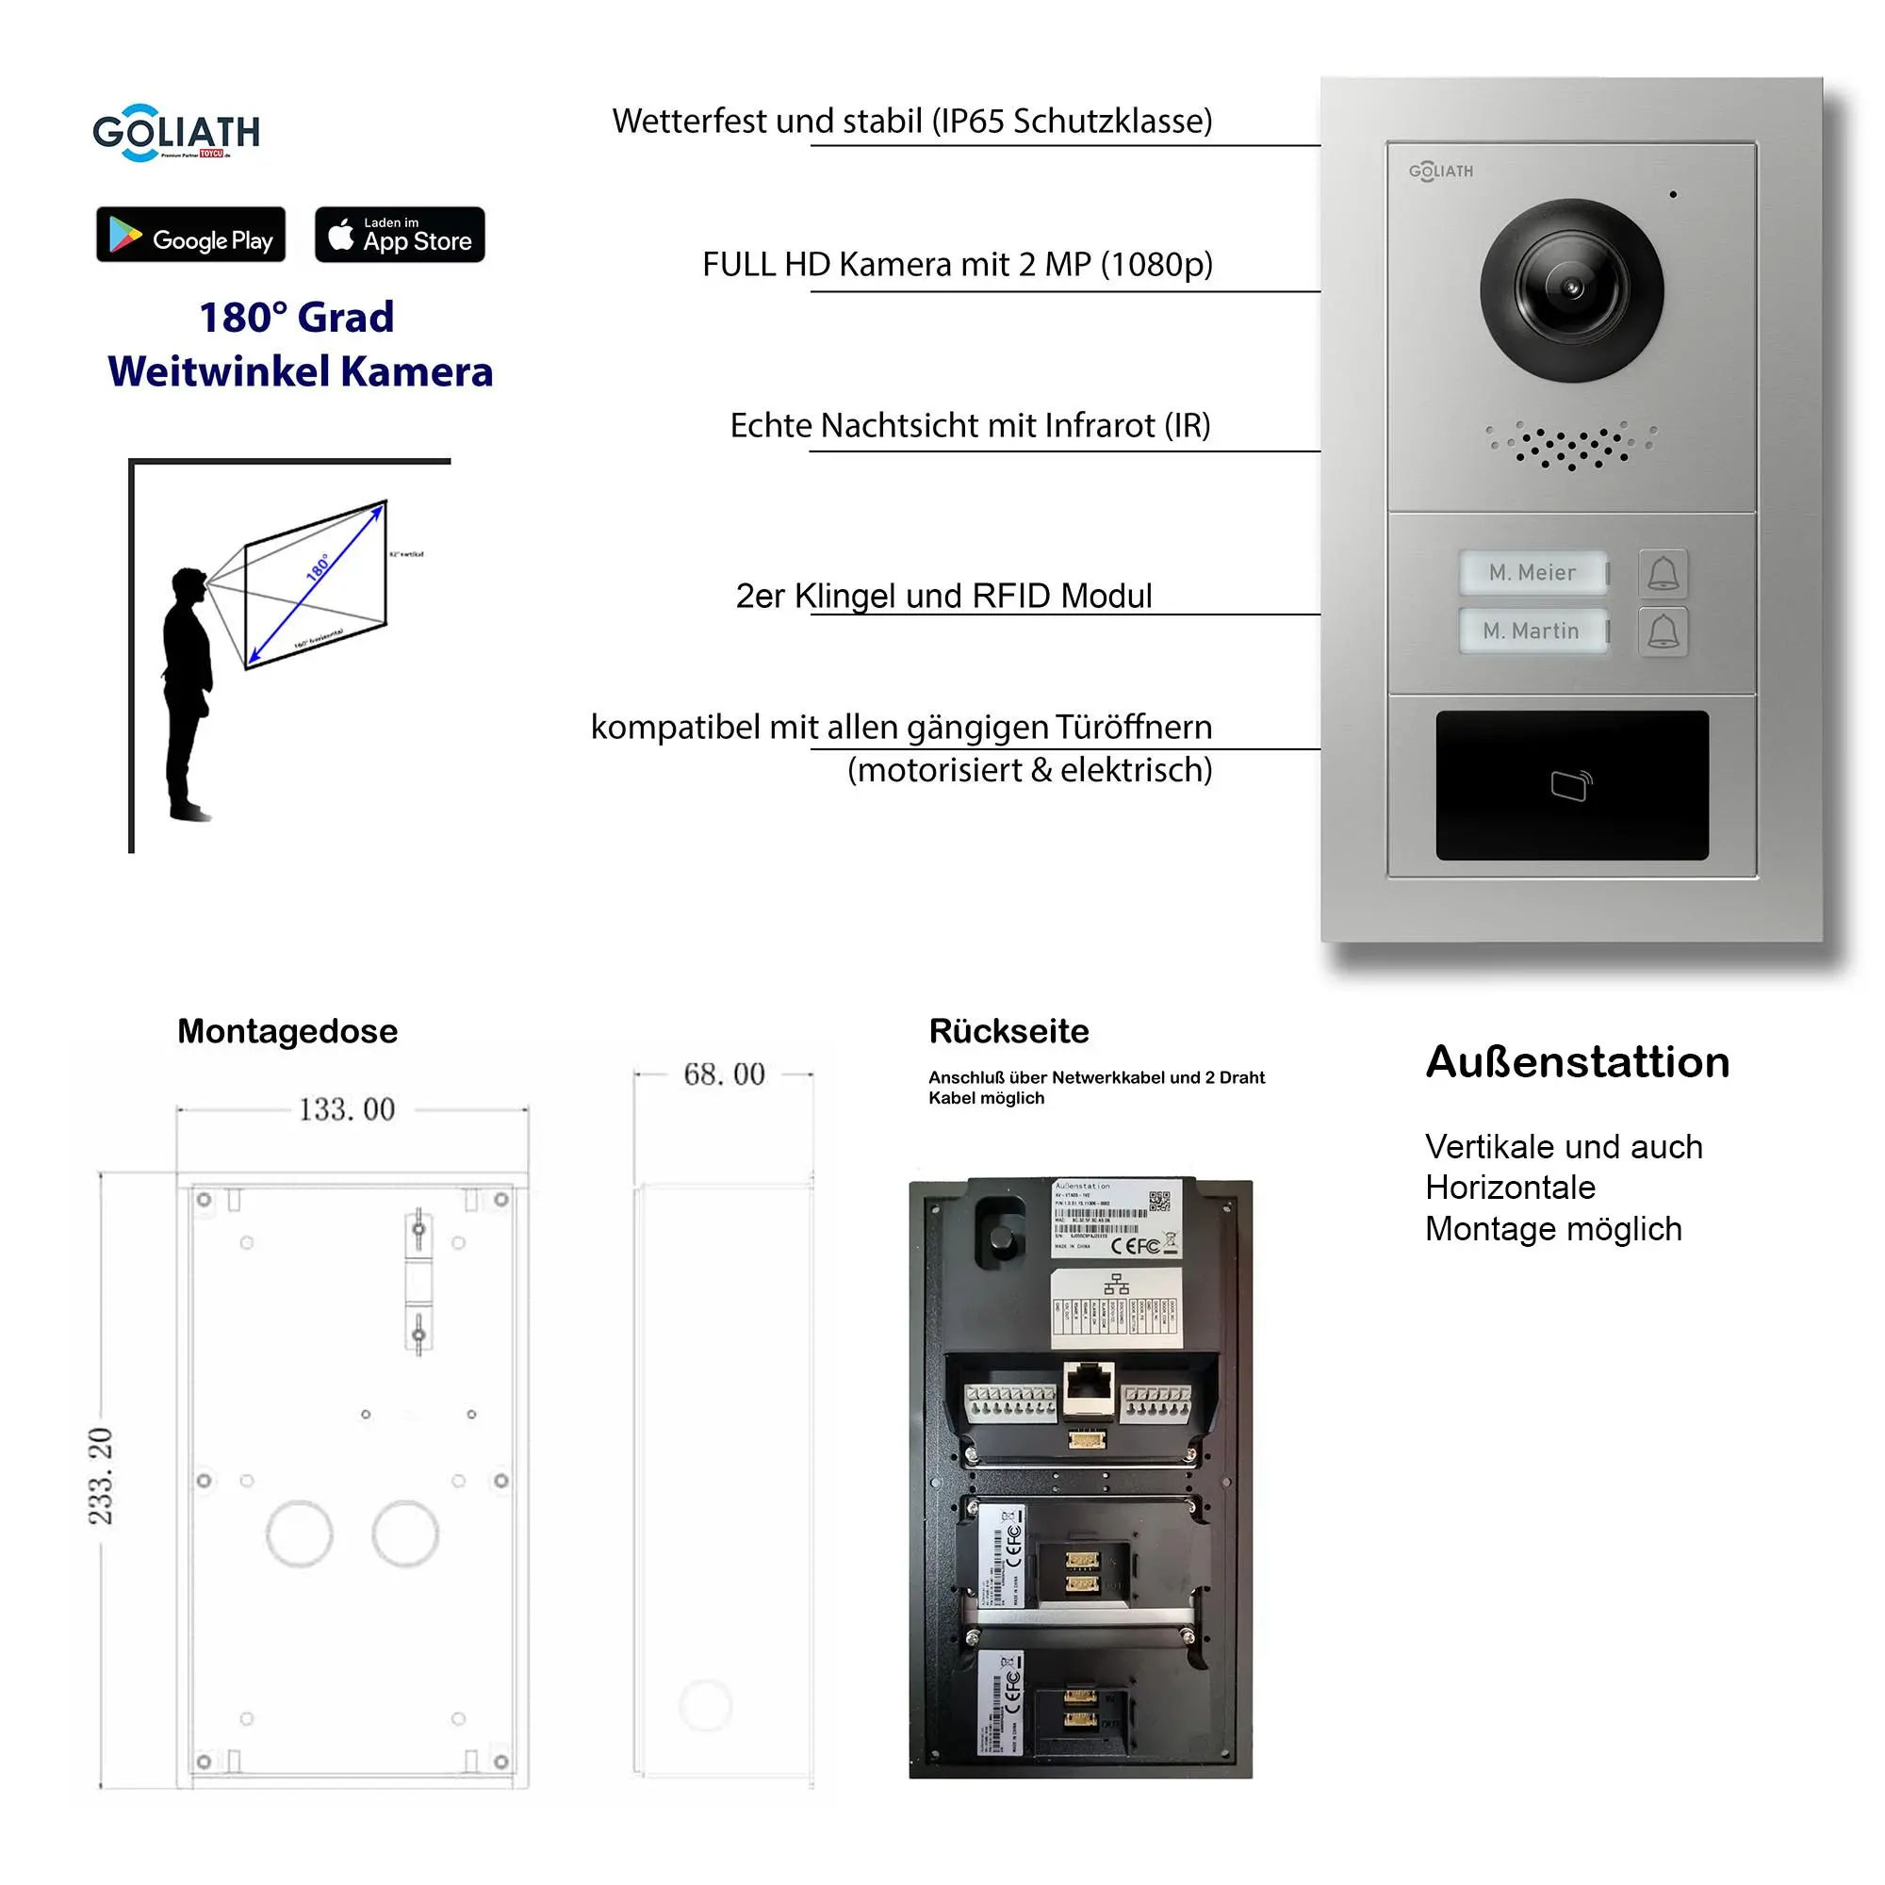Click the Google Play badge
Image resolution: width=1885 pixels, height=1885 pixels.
[190, 235]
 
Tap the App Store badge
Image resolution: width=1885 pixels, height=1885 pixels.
[399, 235]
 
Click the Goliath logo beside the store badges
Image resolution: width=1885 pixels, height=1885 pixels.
[176, 133]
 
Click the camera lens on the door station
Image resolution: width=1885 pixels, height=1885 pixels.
[1571, 289]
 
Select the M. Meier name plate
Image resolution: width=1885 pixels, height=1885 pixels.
[1532, 573]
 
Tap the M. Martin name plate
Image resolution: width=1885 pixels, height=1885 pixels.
[1531, 631]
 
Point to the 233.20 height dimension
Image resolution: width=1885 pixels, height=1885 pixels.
[102, 1475]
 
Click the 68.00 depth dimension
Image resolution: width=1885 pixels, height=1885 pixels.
[723, 1074]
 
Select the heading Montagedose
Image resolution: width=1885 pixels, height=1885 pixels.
[287, 1031]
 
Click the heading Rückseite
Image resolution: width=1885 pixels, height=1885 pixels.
[1008, 1031]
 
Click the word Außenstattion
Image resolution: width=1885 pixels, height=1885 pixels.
[1577, 1062]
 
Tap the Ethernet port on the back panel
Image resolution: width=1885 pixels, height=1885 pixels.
[1088, 1385]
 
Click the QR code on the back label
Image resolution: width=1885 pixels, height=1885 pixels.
[1159, 1201]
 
